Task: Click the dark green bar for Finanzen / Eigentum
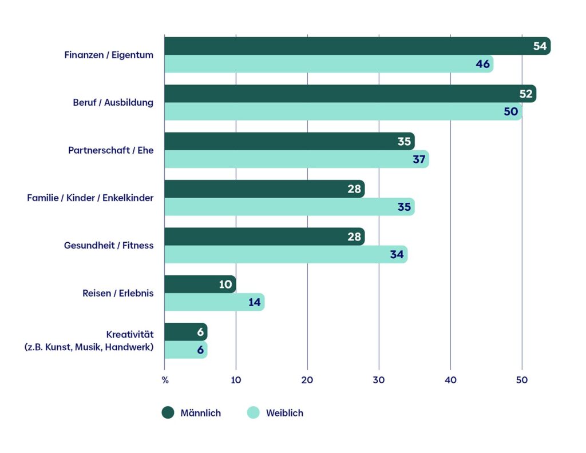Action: tap(357, 46)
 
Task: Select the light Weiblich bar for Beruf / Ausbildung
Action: tap(343, 111)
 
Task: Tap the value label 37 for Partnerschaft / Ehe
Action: tap(419, 159)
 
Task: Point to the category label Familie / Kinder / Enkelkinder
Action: tap(90, 198)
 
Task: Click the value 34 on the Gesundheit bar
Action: tap(397, 254)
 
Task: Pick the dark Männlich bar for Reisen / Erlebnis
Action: tap(200, 284)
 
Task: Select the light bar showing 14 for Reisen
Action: tap(215, 302)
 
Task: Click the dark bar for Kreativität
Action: tap(186, 332)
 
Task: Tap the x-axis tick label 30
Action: tap(379, 380)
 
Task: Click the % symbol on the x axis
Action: tap(165, 380)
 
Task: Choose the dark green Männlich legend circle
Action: tap(168, 412)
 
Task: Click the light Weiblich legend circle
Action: tap(254, 412)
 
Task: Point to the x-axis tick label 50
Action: tap(522, 380)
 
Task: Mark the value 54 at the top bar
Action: tap(540, 46)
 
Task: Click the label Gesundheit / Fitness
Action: tap(109, 246)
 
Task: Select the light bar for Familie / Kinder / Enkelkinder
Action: tap(290, 207)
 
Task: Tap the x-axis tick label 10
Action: tap(236, 380)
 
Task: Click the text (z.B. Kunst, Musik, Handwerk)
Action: tap(89, 347)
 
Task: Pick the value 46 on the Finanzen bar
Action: tap(482, 64)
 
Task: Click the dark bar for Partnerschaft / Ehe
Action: tap(290, 141)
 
